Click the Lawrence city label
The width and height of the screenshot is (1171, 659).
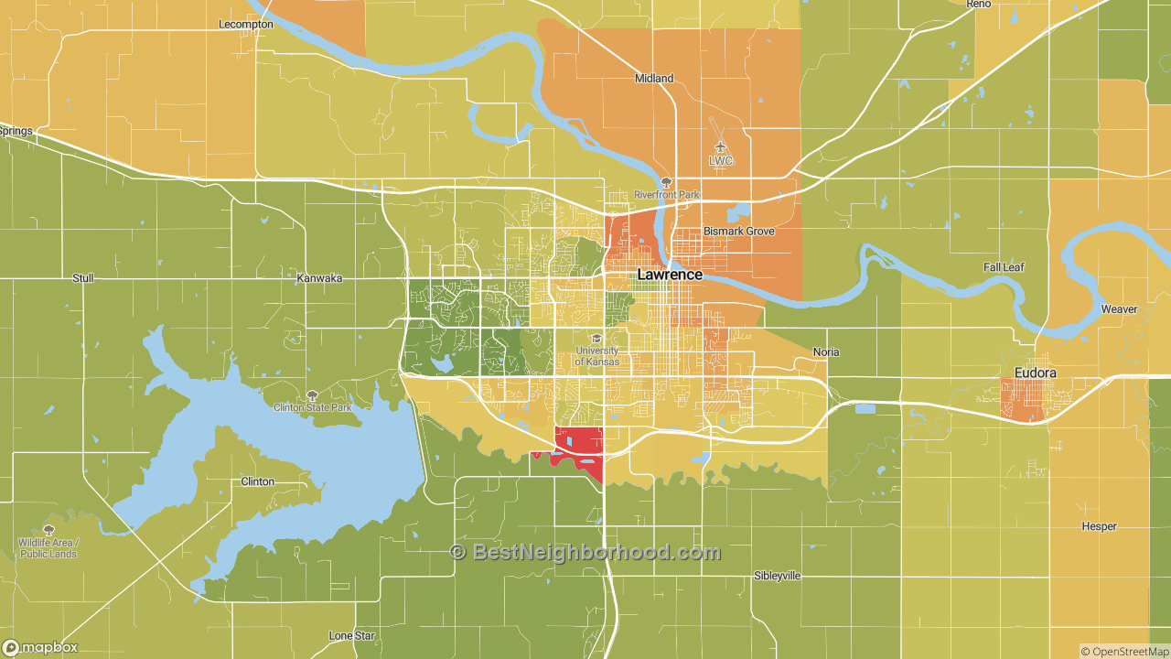point(670,275)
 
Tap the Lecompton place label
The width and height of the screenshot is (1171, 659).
point(246,25)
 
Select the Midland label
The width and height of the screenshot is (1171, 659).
point(654,79)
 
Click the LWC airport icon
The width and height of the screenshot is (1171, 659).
point(721,146)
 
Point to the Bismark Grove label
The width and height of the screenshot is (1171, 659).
point(738,232)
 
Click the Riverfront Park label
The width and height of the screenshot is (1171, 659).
point(666,195)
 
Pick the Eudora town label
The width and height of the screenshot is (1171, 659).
point(1036,373)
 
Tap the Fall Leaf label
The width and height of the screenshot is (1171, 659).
point(1004,267)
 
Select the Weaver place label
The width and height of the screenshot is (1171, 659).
point(1119,309)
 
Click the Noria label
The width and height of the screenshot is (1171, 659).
point(826,352)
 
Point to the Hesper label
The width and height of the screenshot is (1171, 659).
point(1099,527)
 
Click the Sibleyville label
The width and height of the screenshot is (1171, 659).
point(777,576)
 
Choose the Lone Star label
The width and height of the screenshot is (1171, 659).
point(352,636)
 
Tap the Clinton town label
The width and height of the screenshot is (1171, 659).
point(257,481)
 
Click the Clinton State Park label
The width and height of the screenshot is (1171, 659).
point(312,407)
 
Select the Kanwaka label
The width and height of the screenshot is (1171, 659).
point(319,277)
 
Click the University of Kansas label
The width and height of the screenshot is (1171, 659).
point(596,356)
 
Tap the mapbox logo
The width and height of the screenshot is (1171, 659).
point(40,648)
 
